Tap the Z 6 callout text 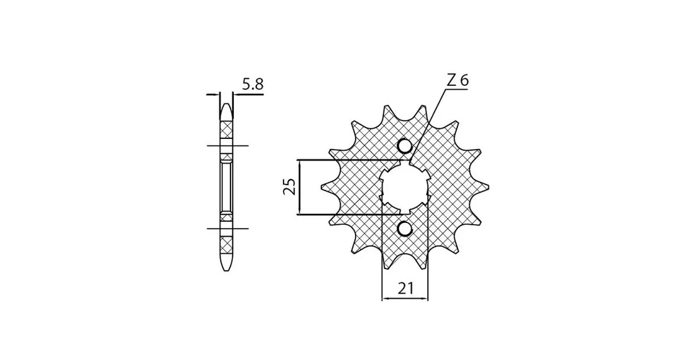[457, 80]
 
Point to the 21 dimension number [406, 288]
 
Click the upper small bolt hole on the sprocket [405, 146]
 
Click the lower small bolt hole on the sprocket [405, 229]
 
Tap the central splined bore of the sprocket [405, 187]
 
